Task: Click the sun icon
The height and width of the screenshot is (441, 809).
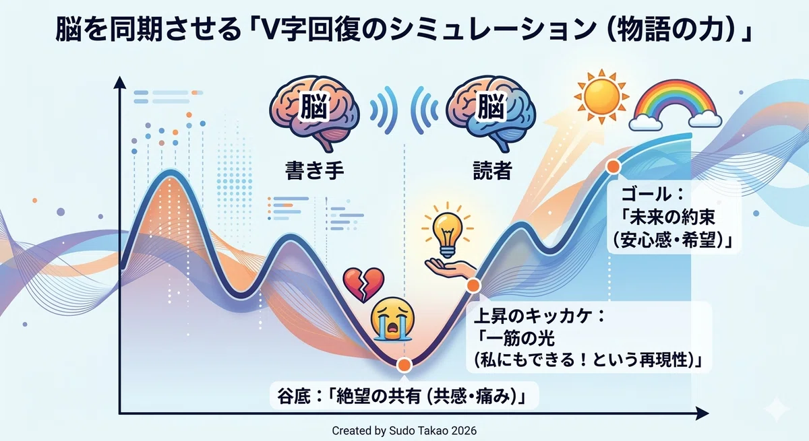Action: point(601,97)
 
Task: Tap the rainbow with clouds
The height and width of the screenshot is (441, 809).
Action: point(675,104)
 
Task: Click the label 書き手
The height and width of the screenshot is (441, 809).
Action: point(314,170)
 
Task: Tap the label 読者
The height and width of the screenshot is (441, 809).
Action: point(492,170)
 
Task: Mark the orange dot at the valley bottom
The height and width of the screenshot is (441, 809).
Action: point(404,365)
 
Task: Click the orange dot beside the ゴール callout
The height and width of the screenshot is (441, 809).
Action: point(613,166)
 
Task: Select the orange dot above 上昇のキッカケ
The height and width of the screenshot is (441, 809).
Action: point(473,285)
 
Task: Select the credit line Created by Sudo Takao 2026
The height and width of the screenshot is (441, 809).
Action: point(404,430)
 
